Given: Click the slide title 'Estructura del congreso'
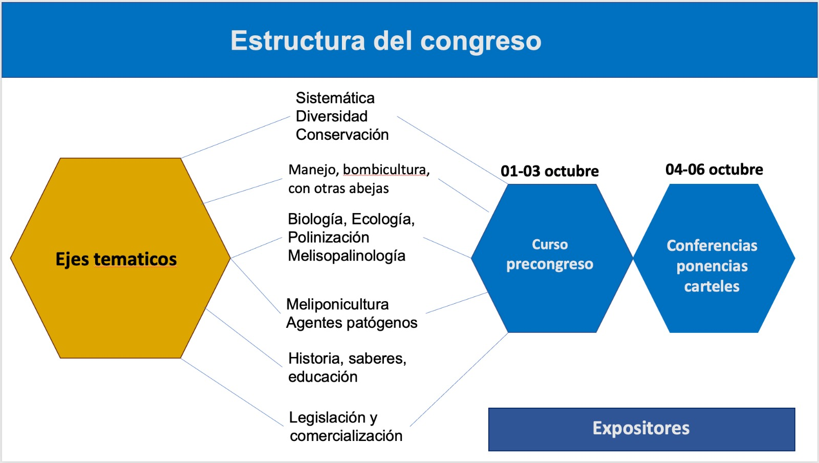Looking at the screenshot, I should pos(385,41).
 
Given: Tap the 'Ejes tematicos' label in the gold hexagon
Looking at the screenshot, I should pos(116,259).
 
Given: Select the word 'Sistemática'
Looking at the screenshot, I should pos(335,98).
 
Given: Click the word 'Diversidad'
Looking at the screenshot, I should pos(331,116).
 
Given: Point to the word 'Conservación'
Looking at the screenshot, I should pos(342,135).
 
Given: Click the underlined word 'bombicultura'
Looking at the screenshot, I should pos(384,170).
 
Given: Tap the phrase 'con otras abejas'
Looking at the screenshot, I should pos(338,188).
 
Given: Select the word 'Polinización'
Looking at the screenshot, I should pos(328,238).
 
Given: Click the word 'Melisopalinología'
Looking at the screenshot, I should pos(346,256).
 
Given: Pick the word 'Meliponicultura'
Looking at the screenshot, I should pos(337,304).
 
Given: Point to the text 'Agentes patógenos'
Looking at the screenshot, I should pos(351,323).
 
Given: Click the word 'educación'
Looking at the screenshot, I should pos(322,377).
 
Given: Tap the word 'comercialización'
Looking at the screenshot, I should pos(346,436).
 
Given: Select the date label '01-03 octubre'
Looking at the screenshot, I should pos(549,171).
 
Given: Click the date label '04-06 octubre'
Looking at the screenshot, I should pos(714,170).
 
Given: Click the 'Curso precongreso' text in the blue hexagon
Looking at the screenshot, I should pos(550,255).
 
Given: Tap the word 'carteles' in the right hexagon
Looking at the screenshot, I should pos(712,286).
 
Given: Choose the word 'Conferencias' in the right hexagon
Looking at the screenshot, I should pos(712,246).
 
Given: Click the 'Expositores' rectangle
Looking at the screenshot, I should pos(641,429).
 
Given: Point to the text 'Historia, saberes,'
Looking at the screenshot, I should pos(347,359).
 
